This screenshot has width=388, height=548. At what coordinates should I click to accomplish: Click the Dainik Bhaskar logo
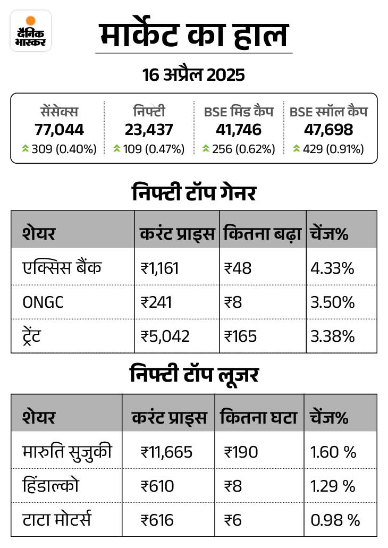pyautogui.click(x=31, y=31)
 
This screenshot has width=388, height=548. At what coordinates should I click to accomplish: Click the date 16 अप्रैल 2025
pyautogui.click(x=193, y=75)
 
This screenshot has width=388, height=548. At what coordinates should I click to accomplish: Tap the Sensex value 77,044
pyautogui.click(x=60, y=129)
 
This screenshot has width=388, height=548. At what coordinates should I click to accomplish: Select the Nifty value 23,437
pyautogui.click(x=149, y=129)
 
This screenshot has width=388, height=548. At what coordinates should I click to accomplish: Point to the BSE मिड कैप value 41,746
pyautogui.click(x=239, y=129)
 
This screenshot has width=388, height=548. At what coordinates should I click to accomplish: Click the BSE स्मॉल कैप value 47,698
pyautogui.click(x=328, y=129)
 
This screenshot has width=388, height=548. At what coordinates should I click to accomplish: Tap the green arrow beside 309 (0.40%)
pyautogui.click(x=25, y=149)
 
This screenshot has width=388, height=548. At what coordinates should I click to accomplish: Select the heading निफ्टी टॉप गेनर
pyautogui.click(x=193, y=193)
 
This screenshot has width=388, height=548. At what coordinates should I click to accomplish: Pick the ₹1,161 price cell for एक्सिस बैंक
pyautogui.click(x=159, y=268)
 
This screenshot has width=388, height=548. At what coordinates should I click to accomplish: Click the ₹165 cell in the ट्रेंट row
pyautogui.click(x=240, y=336)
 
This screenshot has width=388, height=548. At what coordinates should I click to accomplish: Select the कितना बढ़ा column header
pyautogui.click(x=262, y=233)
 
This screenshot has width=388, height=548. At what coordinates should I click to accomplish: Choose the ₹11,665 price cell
pyautogui.click(x=166, y=452)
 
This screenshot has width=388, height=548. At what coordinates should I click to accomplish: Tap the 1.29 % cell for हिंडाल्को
pyautogui.click(x=333, y=486)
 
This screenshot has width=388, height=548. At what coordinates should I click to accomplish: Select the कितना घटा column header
pyautogui.click(x=258, y=417)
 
